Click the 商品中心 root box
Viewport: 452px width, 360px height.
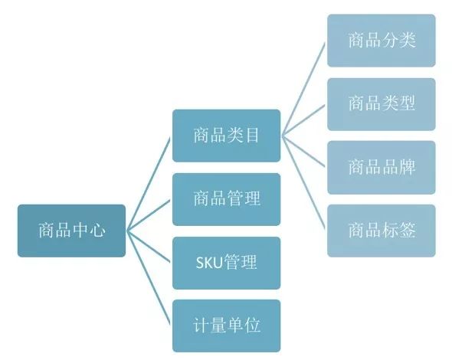[71, 231]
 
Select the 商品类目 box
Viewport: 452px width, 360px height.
[226, 136]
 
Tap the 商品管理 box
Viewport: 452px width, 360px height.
[226, 199]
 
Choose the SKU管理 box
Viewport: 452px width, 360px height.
[226, 263]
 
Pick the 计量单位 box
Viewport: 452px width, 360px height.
[226, 326]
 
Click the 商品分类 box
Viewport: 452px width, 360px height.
[382, 41]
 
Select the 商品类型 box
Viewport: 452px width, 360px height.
[382, 104]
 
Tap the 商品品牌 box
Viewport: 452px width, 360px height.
[382, 167]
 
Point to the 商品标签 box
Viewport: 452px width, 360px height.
[382, 231]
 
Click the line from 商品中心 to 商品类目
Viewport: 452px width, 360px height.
[148, 184]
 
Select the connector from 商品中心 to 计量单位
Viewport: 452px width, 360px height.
[148, 278]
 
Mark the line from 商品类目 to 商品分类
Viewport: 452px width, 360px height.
[303, 89]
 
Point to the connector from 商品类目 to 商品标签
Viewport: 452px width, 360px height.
[303, 182]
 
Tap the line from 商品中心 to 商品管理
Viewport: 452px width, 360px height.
[148, 215]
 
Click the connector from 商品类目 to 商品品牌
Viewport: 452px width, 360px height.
[303, 151]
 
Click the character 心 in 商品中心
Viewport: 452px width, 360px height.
[97, 231]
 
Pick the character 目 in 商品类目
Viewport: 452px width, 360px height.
[252, 136]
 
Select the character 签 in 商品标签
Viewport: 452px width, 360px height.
[408, 231]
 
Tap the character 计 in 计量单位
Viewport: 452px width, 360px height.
[201, 326]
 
